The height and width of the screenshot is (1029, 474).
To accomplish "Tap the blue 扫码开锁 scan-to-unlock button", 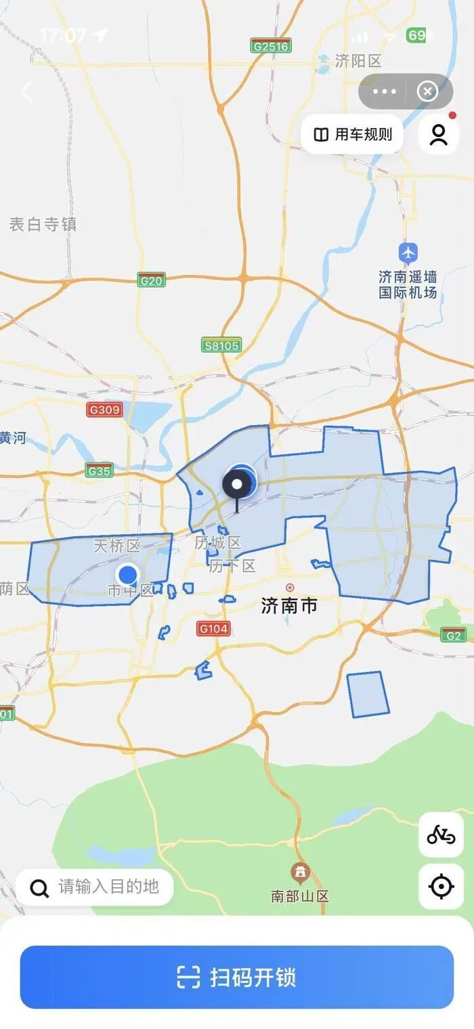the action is pos(236,977).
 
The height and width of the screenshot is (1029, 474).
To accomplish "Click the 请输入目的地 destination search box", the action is pos(95,887).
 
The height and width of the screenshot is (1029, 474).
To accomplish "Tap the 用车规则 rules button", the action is pos(352,134).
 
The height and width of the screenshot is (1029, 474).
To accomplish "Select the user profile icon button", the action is pos(439,134).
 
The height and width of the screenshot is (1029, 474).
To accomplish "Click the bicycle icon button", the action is pos(441,835).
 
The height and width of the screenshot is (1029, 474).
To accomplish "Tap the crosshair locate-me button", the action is pos(441,886).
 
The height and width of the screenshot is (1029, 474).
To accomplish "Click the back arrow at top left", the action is pos(27,92).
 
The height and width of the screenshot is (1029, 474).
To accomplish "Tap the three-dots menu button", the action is pos(384,92).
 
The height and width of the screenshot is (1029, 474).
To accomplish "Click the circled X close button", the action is pos(427,92).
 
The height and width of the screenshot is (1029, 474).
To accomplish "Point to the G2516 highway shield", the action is pos(270,46).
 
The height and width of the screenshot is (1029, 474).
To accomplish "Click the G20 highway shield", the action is pos(151,280).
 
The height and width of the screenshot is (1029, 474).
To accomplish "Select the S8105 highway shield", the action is pos(221,346).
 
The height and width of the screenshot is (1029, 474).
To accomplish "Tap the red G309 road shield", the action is pos(104,409).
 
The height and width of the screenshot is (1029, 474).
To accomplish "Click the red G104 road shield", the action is pos(213,628).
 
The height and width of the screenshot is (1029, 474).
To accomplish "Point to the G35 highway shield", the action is pos(100,470).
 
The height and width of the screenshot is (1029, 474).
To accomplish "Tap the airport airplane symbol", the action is pos(408,253).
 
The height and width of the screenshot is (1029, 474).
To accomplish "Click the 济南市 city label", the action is pos(289,605).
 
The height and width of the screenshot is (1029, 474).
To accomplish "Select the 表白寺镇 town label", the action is pos(43,224).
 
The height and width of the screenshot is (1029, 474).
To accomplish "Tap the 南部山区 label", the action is pos(300,896).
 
